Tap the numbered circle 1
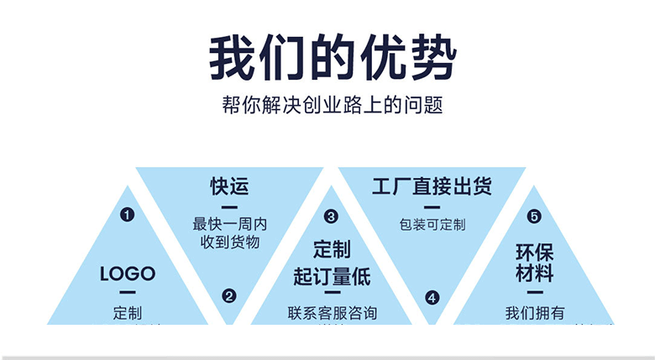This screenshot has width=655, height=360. coord(128,215)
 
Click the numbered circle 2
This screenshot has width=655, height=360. coord(229,295)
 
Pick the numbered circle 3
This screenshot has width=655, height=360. coord(331,216)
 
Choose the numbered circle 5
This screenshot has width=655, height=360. coord(534,216)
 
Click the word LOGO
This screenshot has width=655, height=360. coord(128,274)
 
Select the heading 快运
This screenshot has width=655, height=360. coord(229,185)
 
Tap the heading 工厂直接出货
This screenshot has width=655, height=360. coord(432,185)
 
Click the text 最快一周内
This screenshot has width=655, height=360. coord(229,224)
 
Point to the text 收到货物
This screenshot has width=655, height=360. coord(229,242)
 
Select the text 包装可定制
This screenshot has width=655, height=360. coord(432,224)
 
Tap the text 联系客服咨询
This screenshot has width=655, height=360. coord(331,313)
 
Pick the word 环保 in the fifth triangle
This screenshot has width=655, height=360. coord(534,253)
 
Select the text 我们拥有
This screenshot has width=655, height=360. coord(534,313)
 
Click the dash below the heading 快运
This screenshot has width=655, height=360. coord(229,206)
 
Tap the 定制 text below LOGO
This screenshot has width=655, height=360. coord(128,313)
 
